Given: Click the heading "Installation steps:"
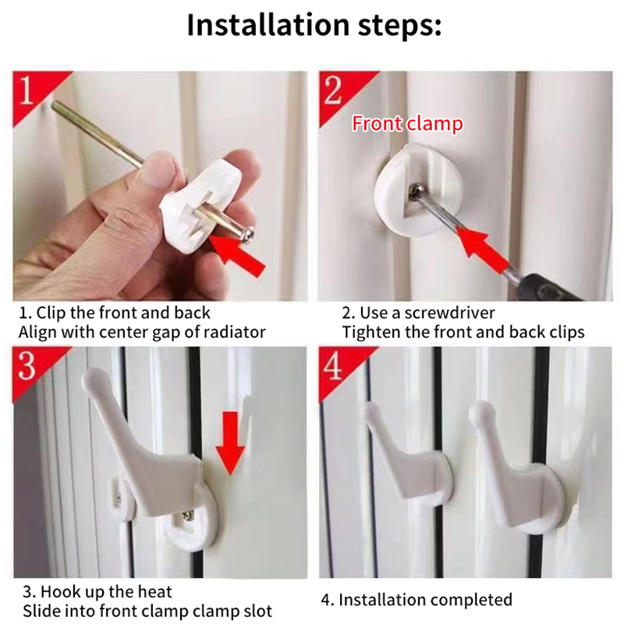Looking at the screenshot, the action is (314, 25).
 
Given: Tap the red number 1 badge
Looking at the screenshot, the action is (32, 92).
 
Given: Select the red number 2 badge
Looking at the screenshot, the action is (339, 92).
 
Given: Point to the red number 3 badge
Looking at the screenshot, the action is (32, 368).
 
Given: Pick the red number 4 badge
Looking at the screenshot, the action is (339, 368).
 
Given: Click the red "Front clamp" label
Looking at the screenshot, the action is (407, 123).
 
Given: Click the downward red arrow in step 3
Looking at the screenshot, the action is (230, 443).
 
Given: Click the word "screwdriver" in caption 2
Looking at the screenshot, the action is (449, 314).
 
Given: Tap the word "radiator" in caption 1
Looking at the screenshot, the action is (234, 332).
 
